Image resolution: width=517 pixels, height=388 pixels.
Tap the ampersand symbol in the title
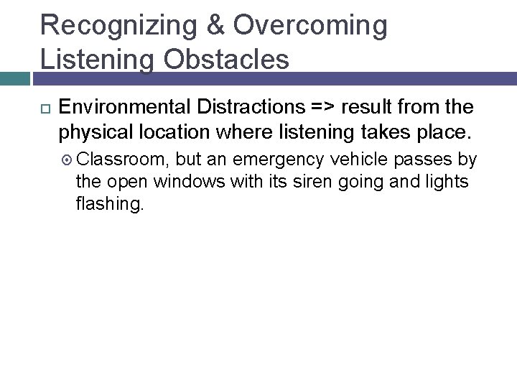[x=217, y=25]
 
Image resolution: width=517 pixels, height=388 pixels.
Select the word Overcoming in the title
[x=310, y=25]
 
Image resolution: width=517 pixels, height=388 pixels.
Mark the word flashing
[x=110, y=205]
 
